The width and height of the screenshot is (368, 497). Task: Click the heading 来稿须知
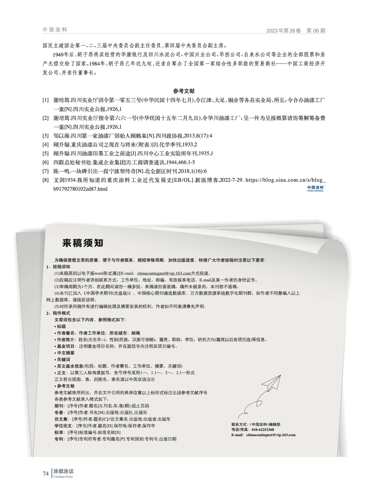82,243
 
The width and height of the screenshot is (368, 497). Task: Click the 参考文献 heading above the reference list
184,91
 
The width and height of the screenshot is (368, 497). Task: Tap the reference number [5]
46,153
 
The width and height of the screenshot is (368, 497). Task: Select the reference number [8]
46,180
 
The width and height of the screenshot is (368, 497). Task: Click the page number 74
46,474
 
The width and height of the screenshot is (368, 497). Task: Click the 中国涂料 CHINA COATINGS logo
315,189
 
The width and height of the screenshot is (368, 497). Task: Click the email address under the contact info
271,435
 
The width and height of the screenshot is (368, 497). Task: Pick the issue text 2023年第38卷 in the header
283,31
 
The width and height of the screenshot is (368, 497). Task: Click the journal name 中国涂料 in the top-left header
55,30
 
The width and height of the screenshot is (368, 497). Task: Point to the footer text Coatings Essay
63,477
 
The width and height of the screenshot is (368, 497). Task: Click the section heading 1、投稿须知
58,267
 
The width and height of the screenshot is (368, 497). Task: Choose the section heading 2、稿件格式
58,313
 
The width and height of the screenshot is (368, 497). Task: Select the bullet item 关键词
63,359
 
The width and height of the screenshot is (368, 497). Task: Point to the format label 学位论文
63,426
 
